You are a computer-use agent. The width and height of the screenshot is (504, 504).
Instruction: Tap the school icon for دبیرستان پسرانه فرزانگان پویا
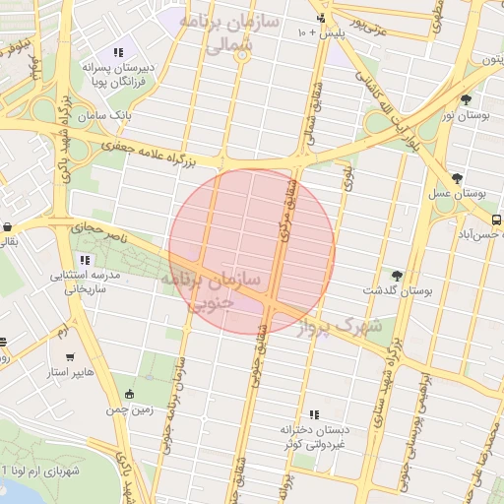[118, 52]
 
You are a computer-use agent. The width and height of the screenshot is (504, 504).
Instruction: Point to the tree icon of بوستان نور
[466, 99]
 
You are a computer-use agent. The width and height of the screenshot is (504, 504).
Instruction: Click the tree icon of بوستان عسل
[457, 178]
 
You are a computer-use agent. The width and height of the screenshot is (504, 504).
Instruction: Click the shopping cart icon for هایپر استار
[69, 357]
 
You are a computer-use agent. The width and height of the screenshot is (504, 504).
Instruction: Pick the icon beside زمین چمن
[129, 394]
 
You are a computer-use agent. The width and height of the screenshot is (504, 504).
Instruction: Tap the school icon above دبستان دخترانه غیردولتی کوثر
[314, 415]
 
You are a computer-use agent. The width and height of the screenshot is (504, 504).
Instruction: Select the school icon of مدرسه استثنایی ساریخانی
[85, 261]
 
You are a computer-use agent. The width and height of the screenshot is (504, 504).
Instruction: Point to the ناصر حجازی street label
[98, 232]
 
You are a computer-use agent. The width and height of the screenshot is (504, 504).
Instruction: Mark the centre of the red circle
[252, 251]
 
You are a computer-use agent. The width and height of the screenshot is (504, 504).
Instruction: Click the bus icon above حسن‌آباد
[496, 220]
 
